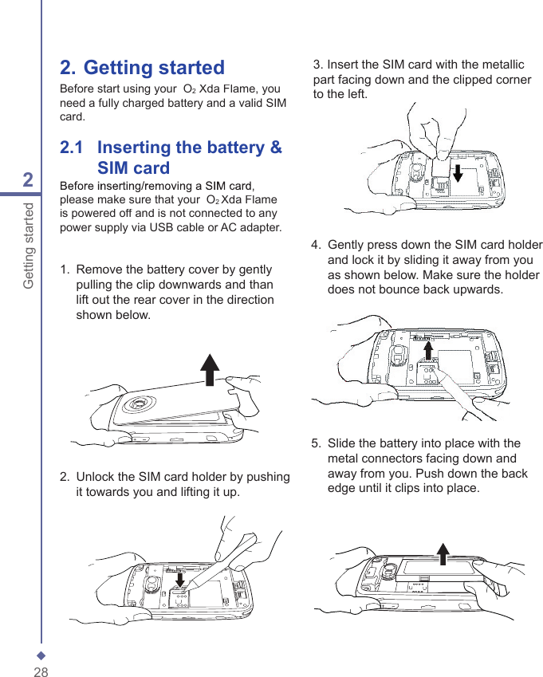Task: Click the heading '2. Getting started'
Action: (x=143, y=68)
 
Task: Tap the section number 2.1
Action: (x=72, y=148)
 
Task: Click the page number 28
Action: (x=41, y=672)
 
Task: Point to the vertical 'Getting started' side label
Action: (x=29, y=246)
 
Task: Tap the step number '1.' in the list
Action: (x=65, y=270)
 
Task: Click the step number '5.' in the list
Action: (x=317, y=443)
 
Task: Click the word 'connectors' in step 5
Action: (x=395, y=459)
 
